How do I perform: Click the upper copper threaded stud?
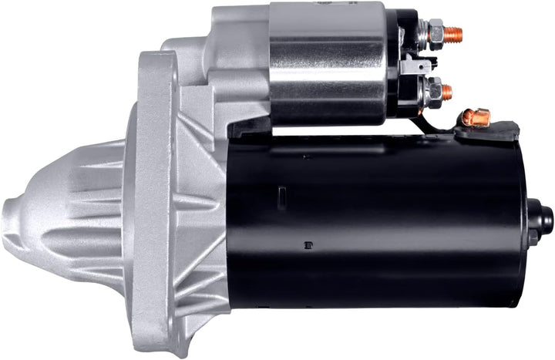456,34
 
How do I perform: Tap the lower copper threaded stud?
447,92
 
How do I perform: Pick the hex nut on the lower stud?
433,92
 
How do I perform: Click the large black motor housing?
378,224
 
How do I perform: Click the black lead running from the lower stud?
422,119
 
